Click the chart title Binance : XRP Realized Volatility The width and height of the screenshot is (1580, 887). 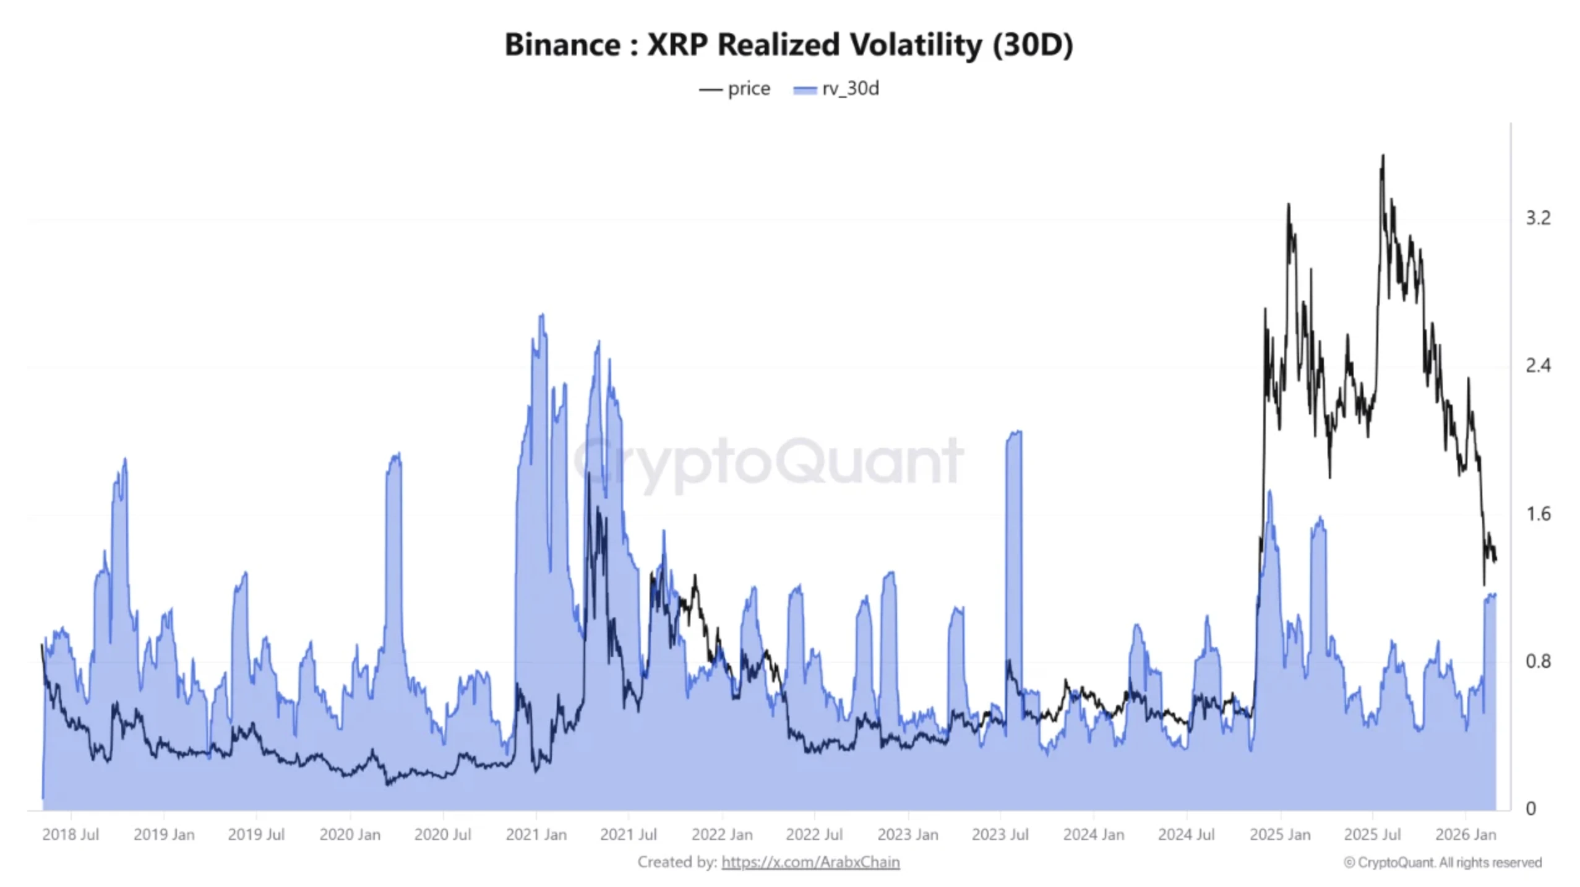coord(789,45)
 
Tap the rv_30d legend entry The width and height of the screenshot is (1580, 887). coord(836,89)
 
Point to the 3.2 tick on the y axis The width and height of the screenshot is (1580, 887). coord(1538,218)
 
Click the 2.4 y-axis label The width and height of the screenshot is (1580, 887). coord(1538,366)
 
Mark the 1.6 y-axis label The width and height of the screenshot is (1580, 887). coord(1538,513)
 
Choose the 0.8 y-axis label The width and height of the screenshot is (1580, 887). coord(1538,661)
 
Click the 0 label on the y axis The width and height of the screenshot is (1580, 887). coord(1531,808)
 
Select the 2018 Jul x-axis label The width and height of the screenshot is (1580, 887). coord(71,834)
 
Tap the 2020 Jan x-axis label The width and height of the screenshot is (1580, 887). coord(350,834)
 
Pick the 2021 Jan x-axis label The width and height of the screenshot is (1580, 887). coord(536,834)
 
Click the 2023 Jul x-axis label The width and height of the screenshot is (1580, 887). coord(1000,834)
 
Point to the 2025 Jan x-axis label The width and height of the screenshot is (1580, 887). coord(1279,834)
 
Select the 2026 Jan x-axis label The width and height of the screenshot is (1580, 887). coord(1465,834)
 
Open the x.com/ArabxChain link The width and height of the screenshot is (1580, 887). coord(810,862)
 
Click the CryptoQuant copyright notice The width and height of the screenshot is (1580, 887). coord(1443,862)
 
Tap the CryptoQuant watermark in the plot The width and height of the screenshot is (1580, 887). coord(767,461)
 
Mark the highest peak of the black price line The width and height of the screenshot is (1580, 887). coord(1383,156)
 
